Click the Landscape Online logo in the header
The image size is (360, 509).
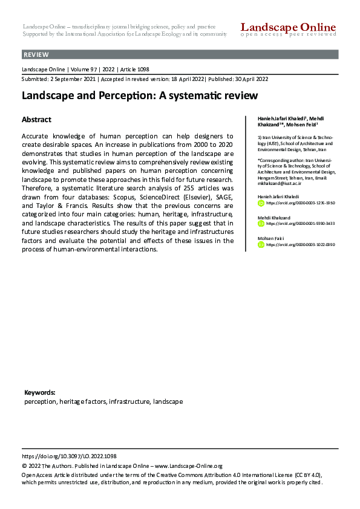coord(288,28)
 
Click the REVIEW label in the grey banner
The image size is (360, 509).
coord(36,55)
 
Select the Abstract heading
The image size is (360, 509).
coord(36,120)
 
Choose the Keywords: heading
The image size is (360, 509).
coord(40,392)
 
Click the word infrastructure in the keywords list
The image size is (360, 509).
coord(129,401)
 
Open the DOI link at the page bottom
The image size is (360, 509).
coord(69,456)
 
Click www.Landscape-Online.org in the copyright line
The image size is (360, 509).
coord(188,466)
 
